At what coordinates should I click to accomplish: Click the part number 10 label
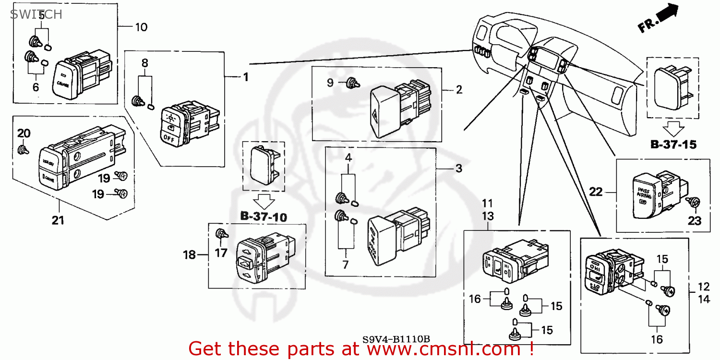[x=141, y=27]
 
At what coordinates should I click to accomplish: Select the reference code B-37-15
[x=673, y=144]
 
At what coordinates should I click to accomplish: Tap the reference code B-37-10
[x=264, y=217]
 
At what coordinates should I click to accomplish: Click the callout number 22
[x=596, y=192]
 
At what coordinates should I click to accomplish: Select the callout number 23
[x=695, y=221]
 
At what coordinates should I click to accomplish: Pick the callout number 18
[x=190, y=255]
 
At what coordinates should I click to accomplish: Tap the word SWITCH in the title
[x=36, y=14]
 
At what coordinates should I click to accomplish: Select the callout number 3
[x=458, y=168]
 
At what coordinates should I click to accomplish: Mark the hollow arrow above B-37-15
[x=673, y=127]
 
